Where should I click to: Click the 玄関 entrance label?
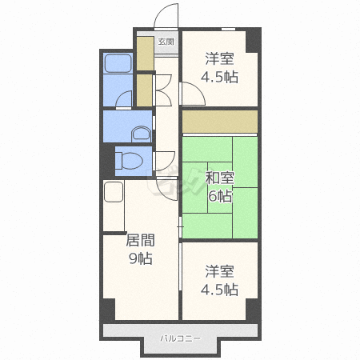166,42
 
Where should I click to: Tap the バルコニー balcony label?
180,338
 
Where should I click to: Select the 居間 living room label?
140,240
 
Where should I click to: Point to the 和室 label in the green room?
220,178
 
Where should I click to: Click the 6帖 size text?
220,197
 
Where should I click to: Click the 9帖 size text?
141,258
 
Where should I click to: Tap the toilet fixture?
130,161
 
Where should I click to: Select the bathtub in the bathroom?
118,63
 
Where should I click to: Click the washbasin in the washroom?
141,134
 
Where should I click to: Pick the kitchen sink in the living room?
114,192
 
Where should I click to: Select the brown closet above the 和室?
220,122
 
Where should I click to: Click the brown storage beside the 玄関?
146,54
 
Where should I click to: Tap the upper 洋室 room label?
220,58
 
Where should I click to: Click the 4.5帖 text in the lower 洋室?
219,290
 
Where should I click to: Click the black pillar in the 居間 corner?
109,310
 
